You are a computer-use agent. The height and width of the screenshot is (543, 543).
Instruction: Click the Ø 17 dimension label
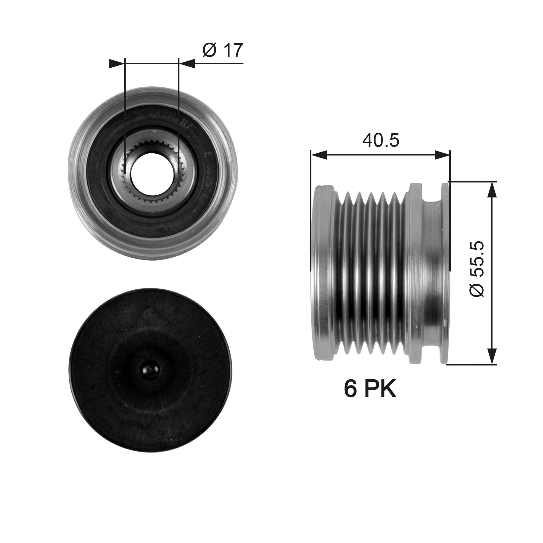click(x=222, y=50)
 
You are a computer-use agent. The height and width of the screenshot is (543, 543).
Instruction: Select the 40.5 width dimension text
click(x=381, y=141)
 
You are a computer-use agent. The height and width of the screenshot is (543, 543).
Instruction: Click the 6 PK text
click(x=370, y=389)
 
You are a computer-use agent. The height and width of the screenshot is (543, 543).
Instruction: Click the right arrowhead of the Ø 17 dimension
click(x=187, y=64)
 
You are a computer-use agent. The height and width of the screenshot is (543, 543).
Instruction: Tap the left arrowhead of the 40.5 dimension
click(x=319, y=155)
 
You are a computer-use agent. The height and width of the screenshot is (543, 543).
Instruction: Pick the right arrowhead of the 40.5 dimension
click(x=442, y=155)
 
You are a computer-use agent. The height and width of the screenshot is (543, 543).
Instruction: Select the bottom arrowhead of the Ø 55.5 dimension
click(x=491, y=356)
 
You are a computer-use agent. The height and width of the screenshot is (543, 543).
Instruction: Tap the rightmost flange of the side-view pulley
click(x=445, y=273)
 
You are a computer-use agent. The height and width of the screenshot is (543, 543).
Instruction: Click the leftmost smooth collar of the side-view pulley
click(x=323, y=273)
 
